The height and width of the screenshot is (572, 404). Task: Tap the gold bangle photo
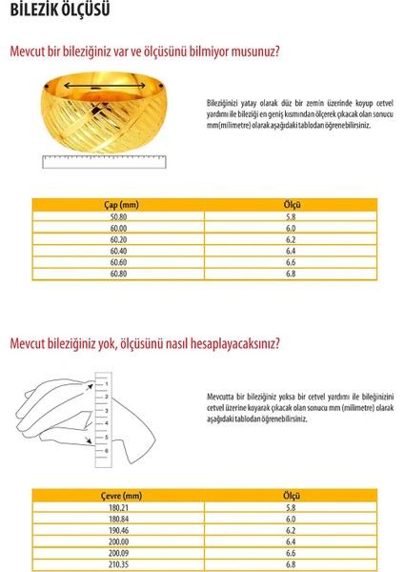click(101, 114)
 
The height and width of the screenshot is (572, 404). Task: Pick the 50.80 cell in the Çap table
click(119, 216)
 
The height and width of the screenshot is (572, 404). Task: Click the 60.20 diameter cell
click(119, 239)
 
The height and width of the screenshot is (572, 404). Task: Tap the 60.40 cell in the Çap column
click(119, 251)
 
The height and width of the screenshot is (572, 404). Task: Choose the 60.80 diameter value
click(119, 274)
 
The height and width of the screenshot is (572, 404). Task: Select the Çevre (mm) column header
click(121, 496)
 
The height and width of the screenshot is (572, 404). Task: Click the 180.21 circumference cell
click(119, 507)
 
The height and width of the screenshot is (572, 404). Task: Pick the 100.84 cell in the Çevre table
click(119, 519)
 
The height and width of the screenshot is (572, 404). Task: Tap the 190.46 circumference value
click(119, 530)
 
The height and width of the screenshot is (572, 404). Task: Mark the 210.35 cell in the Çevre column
click(119, 564)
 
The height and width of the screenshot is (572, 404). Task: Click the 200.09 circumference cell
click(119, 553)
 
